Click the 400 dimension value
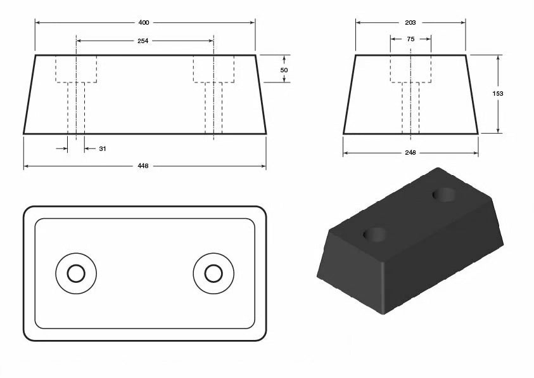click(x=144, y=22)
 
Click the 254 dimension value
click(x=143, y=41)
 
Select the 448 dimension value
click(x=143, y=166)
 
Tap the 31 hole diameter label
click(x=103, y=149)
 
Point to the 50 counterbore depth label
click(x=284, y=69)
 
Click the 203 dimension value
click(x=410, y=22)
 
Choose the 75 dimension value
click(x=410, y=39)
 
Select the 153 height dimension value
click(x=498, y=94)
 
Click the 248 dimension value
click(x=410, y=153)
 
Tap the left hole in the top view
click(x=76, y=273)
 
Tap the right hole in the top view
click(x=213, y=273)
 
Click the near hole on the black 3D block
click(x=376, y=235)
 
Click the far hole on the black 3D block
click(x=443, y=194)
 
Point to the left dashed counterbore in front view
click(x=76, y=69)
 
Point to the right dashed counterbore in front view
click(x=214, y=69)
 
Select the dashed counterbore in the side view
click(x=410, y=69)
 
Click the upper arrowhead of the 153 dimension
click(x=499, y=58)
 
